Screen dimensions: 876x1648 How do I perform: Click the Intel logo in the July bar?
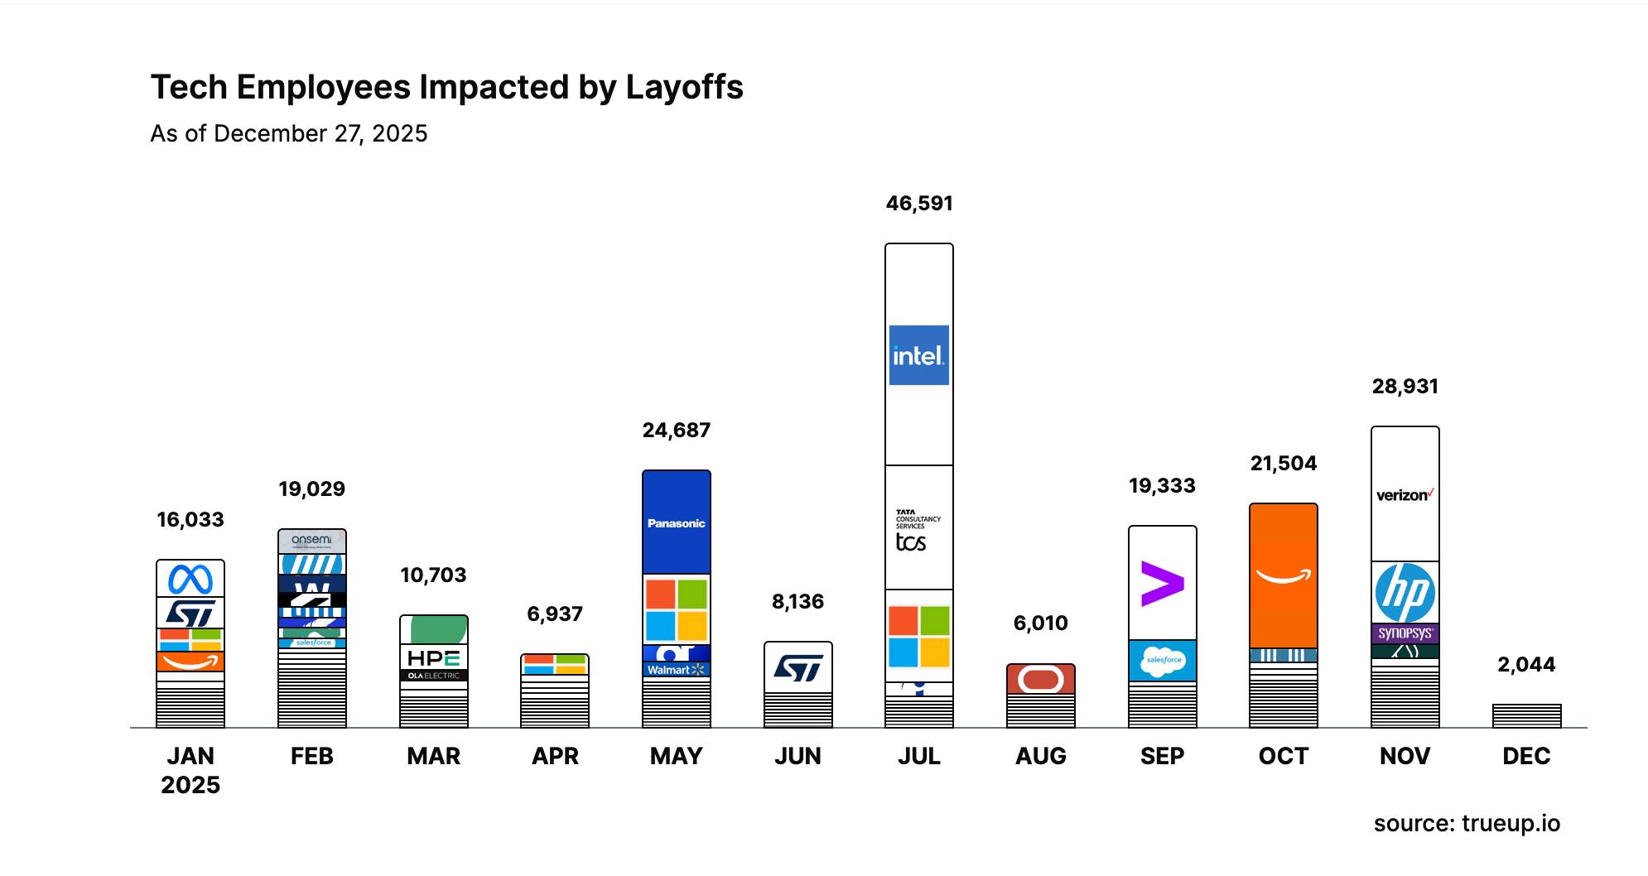pos(918,355)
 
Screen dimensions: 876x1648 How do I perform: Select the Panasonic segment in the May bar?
pos(676,522)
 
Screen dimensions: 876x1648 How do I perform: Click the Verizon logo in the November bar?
pos(1405,495)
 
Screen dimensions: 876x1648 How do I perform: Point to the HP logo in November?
pos(1405,593)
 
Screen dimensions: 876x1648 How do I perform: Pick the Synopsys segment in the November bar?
pos(1405,633)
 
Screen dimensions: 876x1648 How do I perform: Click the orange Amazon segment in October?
pos(1283,576)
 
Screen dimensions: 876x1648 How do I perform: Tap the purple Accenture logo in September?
pos(1162,584)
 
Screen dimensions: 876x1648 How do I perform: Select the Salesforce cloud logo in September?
pos(1163,661)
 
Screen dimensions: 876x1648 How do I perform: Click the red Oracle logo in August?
pos(1040,680)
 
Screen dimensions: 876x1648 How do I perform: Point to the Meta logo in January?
pos(190,579)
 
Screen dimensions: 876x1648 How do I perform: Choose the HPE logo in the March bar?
pos(433,658)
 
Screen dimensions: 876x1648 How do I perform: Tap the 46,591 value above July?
pos(919,204)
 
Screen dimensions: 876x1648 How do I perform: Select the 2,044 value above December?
pos(1526,664)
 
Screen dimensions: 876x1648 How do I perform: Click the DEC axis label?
pos(1526,756)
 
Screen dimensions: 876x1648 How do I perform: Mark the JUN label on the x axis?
pos(797,756)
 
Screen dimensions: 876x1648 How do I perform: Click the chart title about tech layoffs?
pos(446,87)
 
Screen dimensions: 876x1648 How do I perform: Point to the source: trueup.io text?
pos(1467,824)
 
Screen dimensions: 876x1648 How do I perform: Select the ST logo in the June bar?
pos(797,667)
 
